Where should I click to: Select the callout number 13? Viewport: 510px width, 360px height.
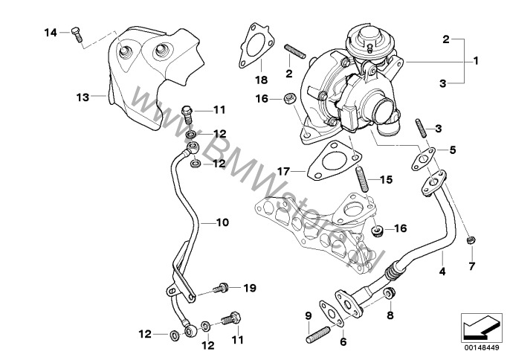click(x=83, y=97)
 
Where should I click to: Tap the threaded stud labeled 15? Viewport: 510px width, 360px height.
click(x=362, y=179)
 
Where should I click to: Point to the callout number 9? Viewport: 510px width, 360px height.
click(x=307, y=316)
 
